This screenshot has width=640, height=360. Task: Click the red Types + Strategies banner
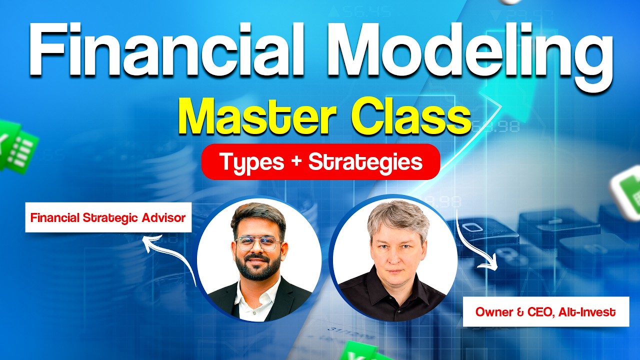tap(320, 161)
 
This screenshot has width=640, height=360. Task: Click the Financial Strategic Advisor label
tap(108, 218)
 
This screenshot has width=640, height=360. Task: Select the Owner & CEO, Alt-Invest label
tap(545, 312)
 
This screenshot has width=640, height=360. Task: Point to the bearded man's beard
tap(258, 270)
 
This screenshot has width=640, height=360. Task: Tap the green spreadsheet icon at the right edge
tap(627, 190)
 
